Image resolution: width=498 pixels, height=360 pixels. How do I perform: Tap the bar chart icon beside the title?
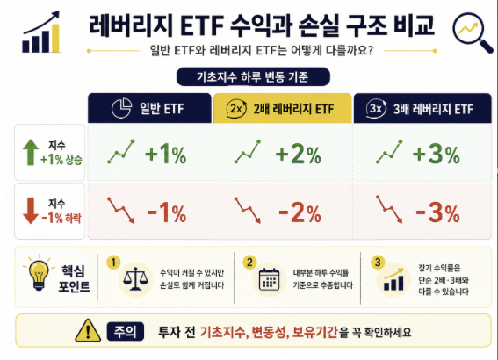point(41,32)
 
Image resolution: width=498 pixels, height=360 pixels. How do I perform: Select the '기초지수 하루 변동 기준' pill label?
point(253,76)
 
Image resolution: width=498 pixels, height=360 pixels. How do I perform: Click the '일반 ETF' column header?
point(149,108)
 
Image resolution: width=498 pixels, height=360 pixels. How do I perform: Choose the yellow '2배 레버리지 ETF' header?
point(282,108)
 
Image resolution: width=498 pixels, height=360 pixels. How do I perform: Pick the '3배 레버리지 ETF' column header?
point(422,108)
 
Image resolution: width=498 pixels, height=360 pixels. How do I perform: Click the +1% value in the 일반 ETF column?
point(165,155)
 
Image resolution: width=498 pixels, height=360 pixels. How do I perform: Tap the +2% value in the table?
point(299,155)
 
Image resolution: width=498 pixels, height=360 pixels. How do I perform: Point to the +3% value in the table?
point(436,155)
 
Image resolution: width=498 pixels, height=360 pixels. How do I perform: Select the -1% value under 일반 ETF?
point(167,212)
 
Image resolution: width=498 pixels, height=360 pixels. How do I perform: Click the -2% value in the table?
point(300,212)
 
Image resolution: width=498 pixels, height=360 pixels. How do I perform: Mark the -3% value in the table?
point(437,212)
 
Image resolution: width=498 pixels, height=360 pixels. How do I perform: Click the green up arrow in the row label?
point(31,153)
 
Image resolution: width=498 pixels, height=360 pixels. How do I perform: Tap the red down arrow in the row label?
point(31,211)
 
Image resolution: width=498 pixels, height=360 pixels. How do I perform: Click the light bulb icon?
point(39,272)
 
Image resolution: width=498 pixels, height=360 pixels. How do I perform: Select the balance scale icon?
point(135,279)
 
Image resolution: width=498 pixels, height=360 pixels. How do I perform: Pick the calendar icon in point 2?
point(269,279)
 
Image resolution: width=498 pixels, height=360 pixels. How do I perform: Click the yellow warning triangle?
point(88,330)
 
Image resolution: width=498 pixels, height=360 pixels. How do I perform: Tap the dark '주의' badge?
point(126,331)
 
